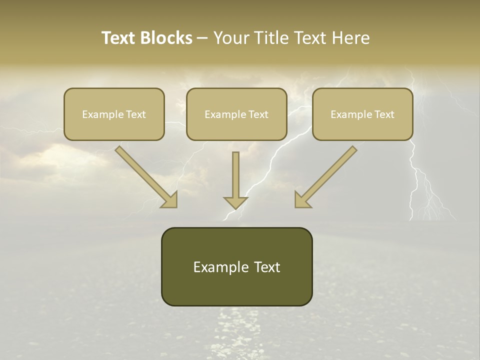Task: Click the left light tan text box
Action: coord(114,114)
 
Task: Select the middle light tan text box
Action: coord(236,114)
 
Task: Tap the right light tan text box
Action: coord(362,114)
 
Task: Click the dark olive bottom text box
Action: coord(236,266)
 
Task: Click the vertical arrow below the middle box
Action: coord(235,177)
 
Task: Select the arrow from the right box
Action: coord(327,175)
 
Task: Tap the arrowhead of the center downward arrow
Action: coord(235,202)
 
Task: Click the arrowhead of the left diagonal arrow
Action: coord(170,200)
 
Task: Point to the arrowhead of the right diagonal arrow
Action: coord(302,200)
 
